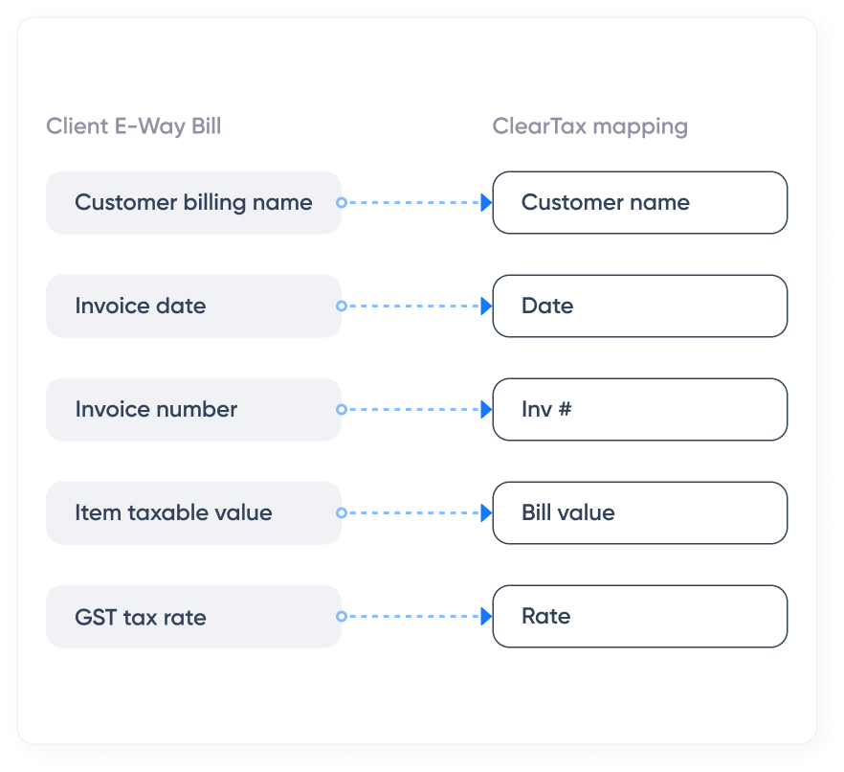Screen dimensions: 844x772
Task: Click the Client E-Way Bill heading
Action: (x=133, y=126)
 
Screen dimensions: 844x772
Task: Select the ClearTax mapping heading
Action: (x=589, y=126)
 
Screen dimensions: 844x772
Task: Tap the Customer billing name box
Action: (x=193, y=203)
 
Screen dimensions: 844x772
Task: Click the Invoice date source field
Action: (x=193, y=307)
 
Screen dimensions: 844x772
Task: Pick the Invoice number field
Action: (x=193, y=410)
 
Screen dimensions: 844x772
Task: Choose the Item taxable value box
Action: (x=193, y=513)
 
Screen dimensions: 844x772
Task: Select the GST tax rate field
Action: (x=193, y=617)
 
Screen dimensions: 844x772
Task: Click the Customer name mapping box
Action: (x=639, y=203)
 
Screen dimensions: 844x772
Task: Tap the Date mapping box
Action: (x=639, y=307)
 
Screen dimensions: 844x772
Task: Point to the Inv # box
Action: (x=639, y=410)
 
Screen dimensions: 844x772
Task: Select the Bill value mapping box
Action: (x=639, y=513)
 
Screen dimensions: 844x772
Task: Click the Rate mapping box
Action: (x=639, y=617)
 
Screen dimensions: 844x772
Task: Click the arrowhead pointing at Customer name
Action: (x=486, y=203)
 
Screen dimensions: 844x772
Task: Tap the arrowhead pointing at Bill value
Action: (x=486, y=513)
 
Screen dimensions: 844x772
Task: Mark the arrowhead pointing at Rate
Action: (x=486, y=617)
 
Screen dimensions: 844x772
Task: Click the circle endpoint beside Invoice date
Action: (x=342, y=307)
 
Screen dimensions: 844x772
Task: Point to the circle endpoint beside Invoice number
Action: (x=342, y=410)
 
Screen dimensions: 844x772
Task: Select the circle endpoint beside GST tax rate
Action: (x=342, y=617)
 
